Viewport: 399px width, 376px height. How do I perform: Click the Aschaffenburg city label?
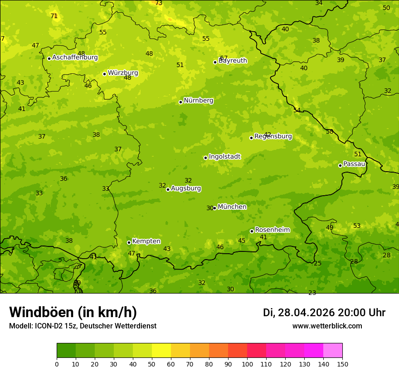(x=75, y=58)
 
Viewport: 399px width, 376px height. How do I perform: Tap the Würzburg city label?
(x=123, y=73)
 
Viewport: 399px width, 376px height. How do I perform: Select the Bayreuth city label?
(x=233, y=61)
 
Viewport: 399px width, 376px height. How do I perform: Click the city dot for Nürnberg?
(x=180, y=102)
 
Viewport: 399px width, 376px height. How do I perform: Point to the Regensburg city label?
(x=273, y=136)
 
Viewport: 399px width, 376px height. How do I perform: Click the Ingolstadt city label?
(x=224, y=157)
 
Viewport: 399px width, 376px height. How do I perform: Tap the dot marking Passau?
(x=340, y=165)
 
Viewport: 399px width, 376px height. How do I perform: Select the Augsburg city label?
(x=186, y=188)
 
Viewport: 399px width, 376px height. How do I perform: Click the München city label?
(x=232, y=207)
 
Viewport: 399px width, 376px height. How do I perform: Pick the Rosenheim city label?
(x=272, y=230)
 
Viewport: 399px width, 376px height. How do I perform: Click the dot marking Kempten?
(x=129, y=242)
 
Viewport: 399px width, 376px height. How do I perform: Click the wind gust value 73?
(x=159, y=3)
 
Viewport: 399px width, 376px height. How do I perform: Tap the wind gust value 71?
(x=54, y=16)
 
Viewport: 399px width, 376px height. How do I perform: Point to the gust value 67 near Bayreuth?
(x=224, y=58)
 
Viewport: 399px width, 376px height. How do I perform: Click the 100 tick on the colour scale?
(x=247, y=364)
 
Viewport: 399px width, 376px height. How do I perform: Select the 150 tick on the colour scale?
(x=342, y=364)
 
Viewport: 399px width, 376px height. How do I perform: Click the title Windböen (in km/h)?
(x=73, y=312)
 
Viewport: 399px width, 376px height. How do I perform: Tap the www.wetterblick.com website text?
(x=327, y=326)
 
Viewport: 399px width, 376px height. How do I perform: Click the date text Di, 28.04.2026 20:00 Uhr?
(x=324, y=313)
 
